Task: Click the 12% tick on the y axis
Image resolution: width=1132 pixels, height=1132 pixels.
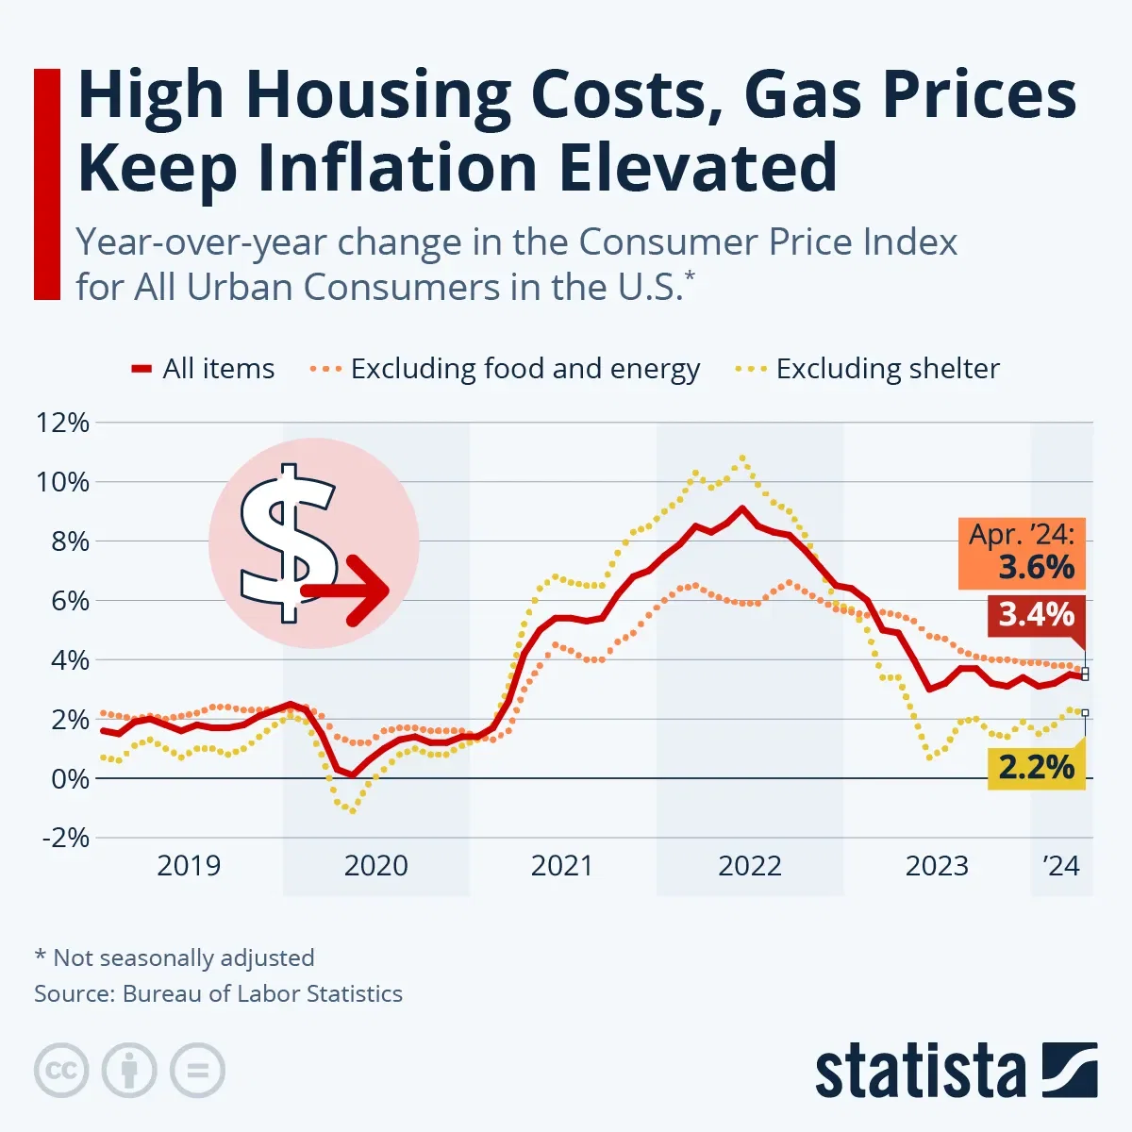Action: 62,423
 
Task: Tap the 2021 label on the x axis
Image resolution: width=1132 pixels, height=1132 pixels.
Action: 562,865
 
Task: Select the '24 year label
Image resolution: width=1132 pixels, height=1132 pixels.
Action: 1061,865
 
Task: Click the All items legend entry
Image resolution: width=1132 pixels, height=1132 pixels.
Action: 203,369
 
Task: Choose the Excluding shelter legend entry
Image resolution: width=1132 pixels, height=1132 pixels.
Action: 868,369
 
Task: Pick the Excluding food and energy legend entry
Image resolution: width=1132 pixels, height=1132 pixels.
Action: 506,369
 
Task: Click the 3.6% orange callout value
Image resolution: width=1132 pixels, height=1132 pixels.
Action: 1036,567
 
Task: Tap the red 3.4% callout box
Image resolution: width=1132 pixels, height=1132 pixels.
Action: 1036,615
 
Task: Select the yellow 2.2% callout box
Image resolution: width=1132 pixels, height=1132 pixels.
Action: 1036,767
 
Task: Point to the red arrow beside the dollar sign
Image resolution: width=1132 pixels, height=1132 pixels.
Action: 349,591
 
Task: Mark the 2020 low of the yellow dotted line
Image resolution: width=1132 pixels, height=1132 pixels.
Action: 353,810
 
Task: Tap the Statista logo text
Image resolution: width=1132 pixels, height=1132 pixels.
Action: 920,1073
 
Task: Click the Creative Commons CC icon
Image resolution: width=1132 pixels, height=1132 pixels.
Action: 61,1071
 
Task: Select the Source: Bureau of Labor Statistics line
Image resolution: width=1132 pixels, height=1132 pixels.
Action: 218,993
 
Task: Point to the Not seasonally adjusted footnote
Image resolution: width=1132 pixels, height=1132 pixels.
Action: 175,957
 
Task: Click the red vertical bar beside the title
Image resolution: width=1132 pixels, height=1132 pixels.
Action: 46,184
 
